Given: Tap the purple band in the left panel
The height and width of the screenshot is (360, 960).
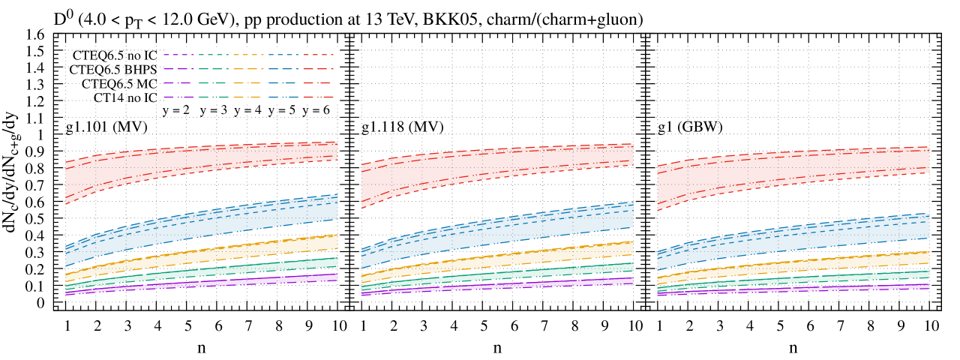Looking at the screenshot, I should [201, 283].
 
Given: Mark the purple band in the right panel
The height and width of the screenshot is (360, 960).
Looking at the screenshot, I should [793, 289].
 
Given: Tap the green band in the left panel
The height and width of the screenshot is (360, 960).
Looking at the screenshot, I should [201, 272].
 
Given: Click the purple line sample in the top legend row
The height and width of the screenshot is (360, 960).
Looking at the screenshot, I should [178, 55].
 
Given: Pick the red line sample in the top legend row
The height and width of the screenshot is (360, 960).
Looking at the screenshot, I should [319, 55].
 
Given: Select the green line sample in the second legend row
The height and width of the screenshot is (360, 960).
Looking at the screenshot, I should [214, 69].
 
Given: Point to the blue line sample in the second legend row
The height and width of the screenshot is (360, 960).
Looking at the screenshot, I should [283, 69].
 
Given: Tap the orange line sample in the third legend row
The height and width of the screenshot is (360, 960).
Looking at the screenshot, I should [248, 83].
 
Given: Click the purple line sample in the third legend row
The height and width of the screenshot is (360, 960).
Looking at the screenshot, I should [178, 83].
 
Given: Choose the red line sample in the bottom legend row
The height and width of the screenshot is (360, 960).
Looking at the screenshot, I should [319, 97].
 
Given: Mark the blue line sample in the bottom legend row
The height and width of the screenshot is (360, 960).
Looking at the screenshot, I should [283, 97].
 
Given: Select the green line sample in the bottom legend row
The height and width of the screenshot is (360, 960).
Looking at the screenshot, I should [214, 97].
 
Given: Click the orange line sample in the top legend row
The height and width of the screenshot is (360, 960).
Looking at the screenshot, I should [248, 55].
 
